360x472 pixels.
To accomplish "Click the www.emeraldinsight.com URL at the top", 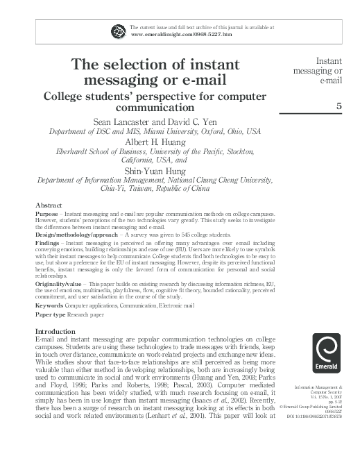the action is (165, 34).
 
